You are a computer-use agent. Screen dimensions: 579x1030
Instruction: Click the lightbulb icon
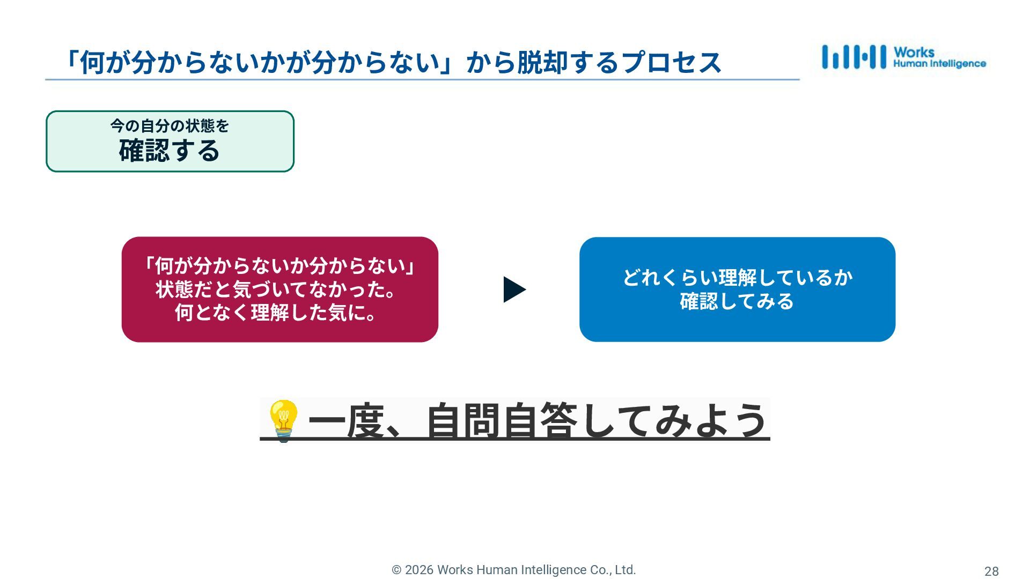(x=283, y=420)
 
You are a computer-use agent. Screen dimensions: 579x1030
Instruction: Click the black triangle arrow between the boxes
(x=514, y=289)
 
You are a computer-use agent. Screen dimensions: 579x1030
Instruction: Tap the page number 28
(x=991, y=571)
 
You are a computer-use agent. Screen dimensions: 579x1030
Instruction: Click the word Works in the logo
(x=914, y=53)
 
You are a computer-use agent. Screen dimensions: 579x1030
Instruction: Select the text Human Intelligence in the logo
(x=939, y=64)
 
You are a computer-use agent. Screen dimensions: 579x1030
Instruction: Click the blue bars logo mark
(x=854, y=57)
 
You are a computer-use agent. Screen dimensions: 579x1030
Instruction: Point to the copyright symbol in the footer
(x=396, y=570)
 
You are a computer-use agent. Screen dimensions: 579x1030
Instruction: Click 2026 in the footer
(x=419, y=570)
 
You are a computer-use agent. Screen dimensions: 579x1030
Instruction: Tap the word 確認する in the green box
(x=170, y=151)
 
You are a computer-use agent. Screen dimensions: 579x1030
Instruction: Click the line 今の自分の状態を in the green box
(x=170, y=126)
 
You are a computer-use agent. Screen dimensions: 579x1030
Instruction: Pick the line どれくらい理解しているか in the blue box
(x=737, y=278)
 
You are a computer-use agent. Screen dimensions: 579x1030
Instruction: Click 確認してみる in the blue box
(x=737, y=301)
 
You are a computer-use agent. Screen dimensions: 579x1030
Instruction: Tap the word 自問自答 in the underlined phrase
(x=502, y=421)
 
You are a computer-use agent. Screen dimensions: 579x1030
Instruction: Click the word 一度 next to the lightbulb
(x=347, y=421)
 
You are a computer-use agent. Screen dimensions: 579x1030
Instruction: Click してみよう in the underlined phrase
(x=673, y=421)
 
